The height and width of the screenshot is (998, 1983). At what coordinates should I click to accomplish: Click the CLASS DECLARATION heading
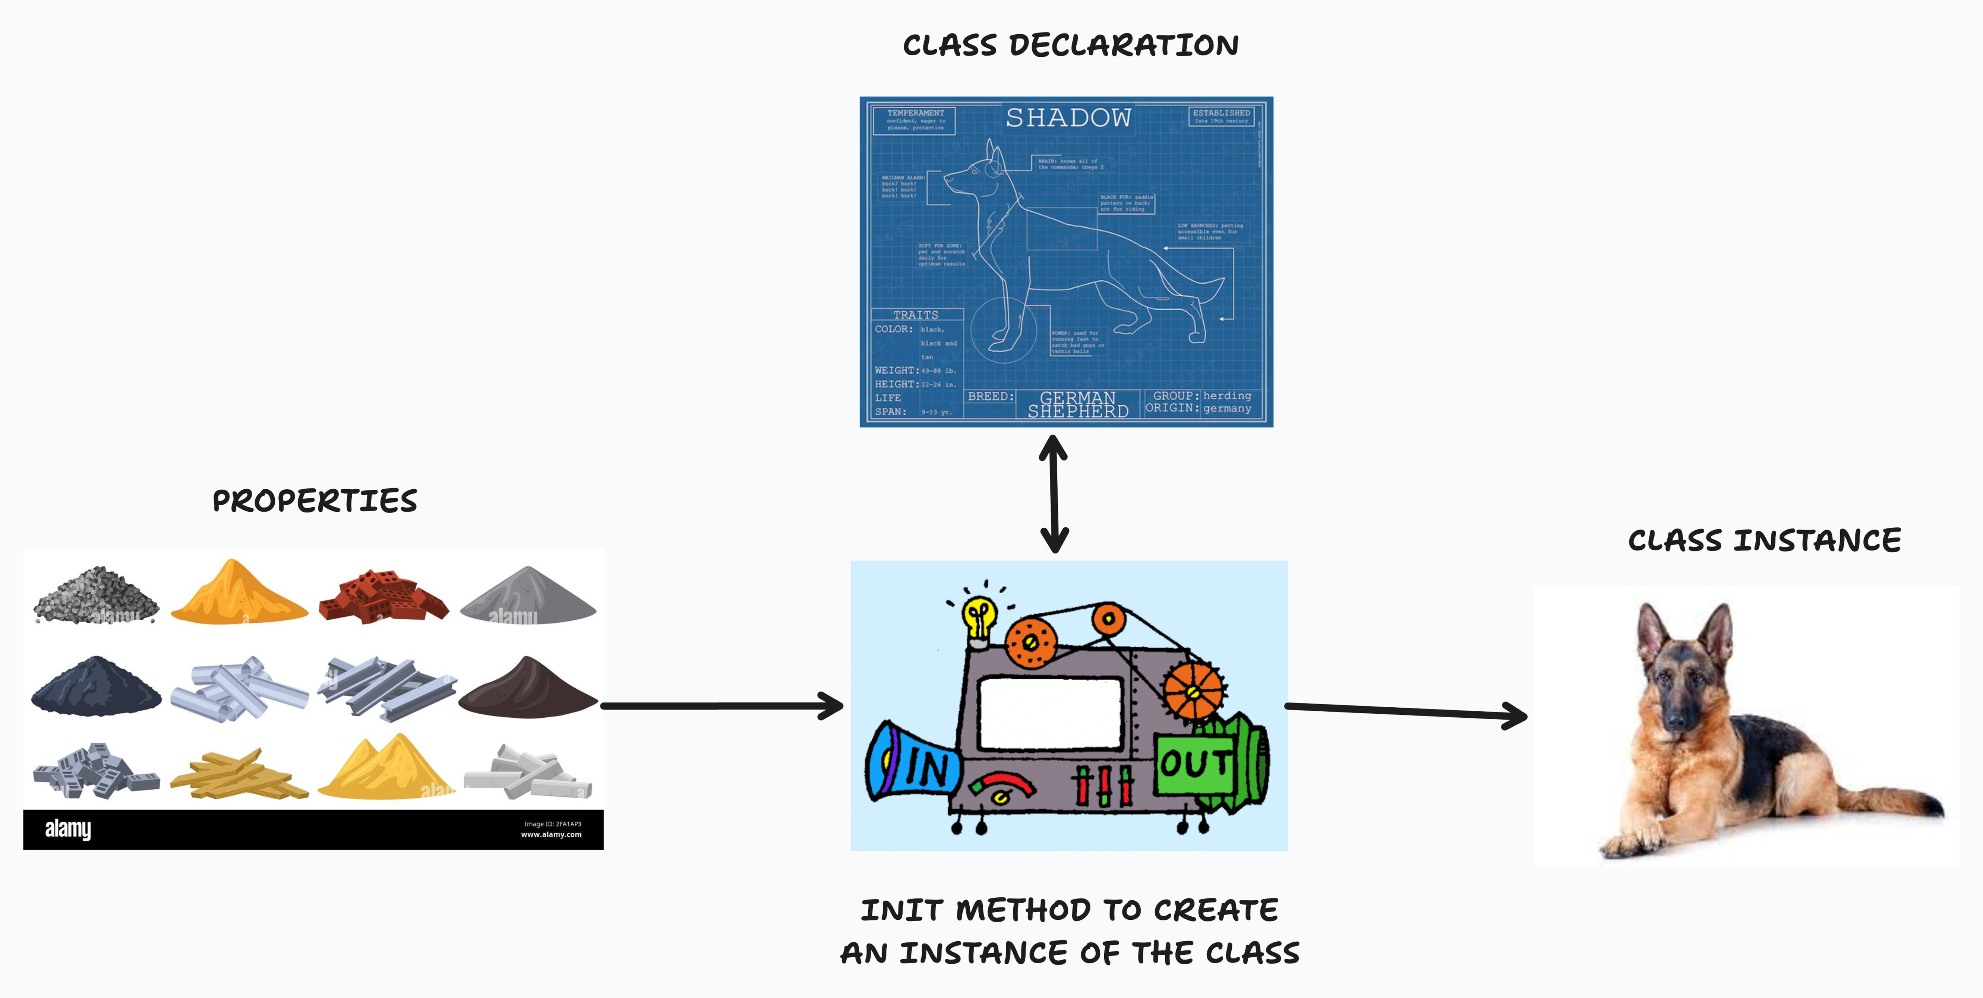click(x=1070, y=45)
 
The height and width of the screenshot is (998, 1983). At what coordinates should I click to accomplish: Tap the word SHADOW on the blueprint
click(x=1068, y=118)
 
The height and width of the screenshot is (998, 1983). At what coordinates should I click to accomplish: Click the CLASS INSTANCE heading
click(x=1763, y=540)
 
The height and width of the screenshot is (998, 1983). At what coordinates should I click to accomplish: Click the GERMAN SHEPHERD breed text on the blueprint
click(x=1078, y=404)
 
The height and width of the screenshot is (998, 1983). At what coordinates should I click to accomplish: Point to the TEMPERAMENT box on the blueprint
click(x=915, y=120)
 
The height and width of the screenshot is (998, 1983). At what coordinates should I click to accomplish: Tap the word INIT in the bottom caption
click(x=901, y=910)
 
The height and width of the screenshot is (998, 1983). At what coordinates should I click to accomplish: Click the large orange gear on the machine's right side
click(x=1192, y=690)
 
